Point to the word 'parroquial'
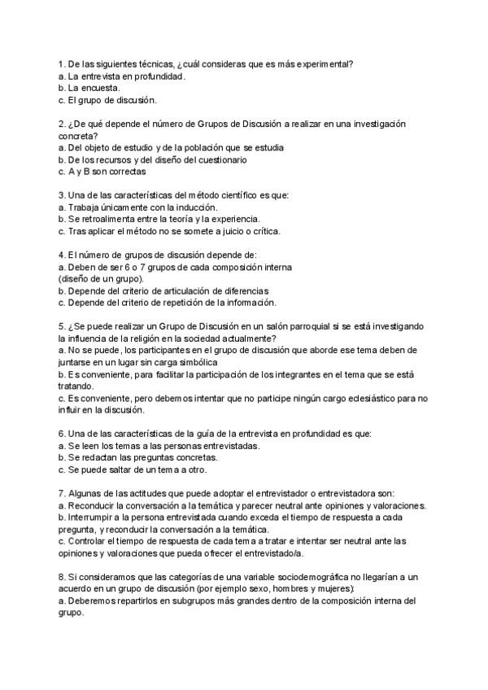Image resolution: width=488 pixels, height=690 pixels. tap(286, 326)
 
